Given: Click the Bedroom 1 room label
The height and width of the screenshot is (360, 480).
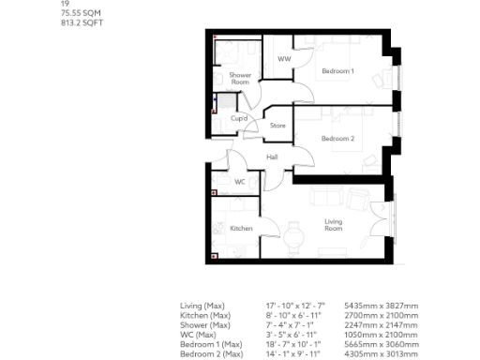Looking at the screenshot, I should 337,71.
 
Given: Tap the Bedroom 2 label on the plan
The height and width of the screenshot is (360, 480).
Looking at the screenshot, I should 337,139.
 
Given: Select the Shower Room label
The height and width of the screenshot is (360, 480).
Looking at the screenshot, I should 240,79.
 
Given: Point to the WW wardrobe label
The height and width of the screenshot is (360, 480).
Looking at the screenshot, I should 283,59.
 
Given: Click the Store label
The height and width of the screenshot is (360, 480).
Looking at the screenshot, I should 277,125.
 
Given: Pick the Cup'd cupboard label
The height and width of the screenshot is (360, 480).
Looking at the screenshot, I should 239,118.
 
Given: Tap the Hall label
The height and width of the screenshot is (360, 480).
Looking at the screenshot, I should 273,157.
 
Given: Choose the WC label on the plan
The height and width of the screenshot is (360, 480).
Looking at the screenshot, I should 240,182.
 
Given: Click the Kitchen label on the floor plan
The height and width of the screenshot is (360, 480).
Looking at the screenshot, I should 241,228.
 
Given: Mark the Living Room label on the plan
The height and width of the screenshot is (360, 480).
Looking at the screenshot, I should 334,225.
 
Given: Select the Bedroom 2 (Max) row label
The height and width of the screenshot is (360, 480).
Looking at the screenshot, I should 212,353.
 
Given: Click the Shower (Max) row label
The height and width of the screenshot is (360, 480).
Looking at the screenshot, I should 204,325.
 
